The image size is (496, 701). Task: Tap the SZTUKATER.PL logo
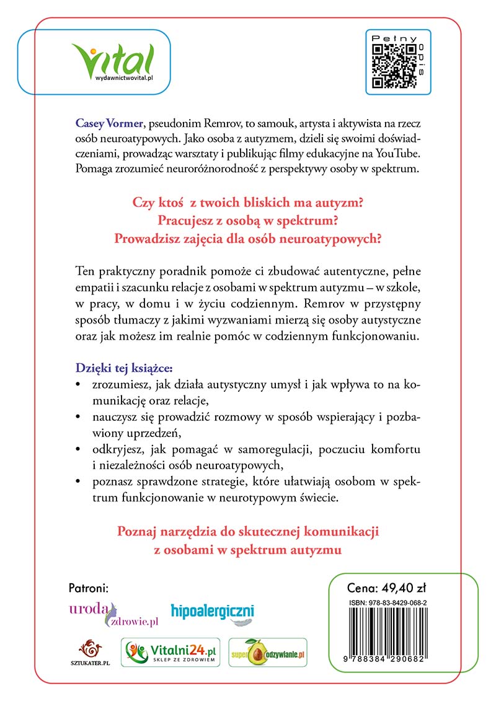point(90,654)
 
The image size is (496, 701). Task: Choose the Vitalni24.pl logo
point(170,651)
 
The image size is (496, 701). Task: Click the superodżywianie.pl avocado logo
point(268,653)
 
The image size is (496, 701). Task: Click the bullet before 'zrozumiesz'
point(77,385)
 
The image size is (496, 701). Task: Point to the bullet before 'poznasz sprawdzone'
point(77,481)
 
